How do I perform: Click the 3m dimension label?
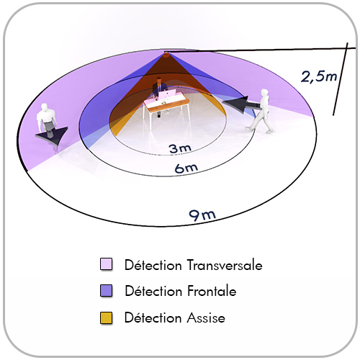pos(180,148)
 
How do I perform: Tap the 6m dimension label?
pos(186,168)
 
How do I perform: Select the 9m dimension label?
pos(202,215)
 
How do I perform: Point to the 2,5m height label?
pos(319,77)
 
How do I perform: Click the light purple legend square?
pos(106,264)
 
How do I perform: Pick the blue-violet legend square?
pos(106,291)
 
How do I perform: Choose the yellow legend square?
pos(106,318)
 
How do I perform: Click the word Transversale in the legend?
pos(225,265)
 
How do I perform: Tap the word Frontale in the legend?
pos(212,292)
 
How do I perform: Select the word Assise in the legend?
pos(206,318)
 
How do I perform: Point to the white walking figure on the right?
pos(261,111)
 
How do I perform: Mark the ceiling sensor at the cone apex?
pos(166,55)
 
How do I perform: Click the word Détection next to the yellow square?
pos(153,318)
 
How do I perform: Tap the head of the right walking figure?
pos(264,93)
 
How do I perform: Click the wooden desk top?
pos(165,103)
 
